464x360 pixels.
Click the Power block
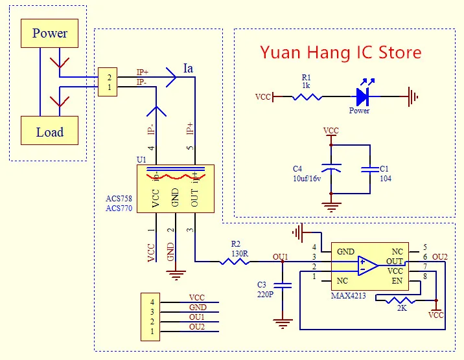click(x=49, y=33)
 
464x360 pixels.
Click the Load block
click(x=49, y=131)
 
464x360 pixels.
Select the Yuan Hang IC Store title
click(x=340, y=52)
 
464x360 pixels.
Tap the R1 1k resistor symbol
click(x=307, y=97)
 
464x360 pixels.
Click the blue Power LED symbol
click(x=362, y=97)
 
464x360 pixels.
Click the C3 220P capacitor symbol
click(x=281, y=285)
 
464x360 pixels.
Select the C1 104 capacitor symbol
click(x=370, y=170)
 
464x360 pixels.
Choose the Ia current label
click(x=189, y=68)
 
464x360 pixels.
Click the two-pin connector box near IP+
click(x=108, y=82)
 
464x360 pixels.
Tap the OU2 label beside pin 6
click(x=439, y=257)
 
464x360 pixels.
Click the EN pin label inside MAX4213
click(x=397, y=281)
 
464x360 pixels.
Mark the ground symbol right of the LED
click(x=412, y=97)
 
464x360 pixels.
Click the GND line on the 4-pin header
click(x=197, y=308)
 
